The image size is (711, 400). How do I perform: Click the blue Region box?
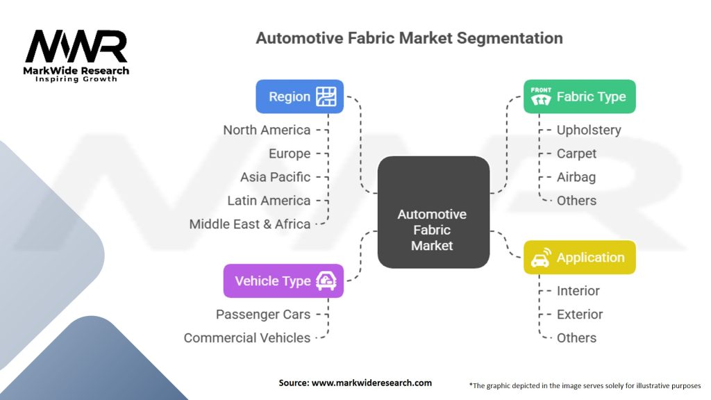coord(299,97)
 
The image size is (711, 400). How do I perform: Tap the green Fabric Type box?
coord(579,97)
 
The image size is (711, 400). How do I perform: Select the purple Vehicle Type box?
coord(283,281)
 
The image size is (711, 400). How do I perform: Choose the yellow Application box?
coord(579,258)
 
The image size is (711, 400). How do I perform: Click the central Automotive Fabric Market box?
coord(432,212)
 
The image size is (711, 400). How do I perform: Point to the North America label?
coord(267,130)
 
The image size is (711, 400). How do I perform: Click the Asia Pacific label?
coord(275,177)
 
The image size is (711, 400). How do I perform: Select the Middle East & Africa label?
coord(250,224)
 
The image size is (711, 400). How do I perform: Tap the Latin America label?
coord(269,201)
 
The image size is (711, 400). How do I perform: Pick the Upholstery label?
coord(589,130)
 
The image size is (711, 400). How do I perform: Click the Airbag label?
coord(576,177)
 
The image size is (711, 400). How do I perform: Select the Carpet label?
coord(576,153)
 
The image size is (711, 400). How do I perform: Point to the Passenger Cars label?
coord(263,314)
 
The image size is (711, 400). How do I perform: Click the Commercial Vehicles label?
coord(247,337)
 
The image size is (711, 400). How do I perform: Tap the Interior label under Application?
coord(578,291)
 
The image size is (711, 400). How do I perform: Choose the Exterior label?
coord(580,314)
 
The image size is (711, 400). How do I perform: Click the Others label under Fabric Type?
coord(576,201)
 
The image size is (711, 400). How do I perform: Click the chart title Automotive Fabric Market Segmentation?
coord(409,37)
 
